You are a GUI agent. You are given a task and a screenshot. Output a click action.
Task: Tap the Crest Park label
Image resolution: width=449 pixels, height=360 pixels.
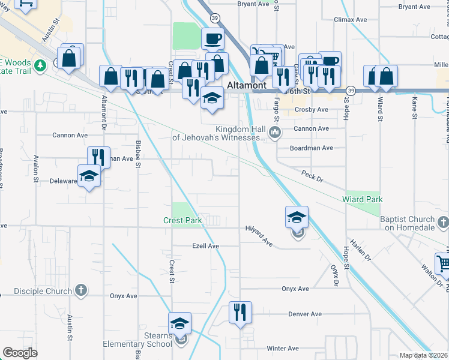[182, 220]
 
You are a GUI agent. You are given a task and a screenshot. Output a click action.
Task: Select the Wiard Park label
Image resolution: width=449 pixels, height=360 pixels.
[362, 199]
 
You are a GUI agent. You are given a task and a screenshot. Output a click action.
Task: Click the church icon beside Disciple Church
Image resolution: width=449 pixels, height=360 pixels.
[81, 291]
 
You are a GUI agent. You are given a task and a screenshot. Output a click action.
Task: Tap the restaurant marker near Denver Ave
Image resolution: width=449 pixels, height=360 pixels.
[240, 312]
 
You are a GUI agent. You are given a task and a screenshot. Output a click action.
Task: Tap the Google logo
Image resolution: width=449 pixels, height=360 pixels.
[20, 353]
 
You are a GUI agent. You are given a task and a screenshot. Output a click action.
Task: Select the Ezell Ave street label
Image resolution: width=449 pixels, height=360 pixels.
[205, 246]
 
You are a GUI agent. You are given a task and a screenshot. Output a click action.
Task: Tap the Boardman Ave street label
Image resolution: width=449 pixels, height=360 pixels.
[311, 148]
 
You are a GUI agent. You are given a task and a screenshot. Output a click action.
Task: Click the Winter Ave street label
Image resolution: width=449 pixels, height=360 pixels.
[283, 348]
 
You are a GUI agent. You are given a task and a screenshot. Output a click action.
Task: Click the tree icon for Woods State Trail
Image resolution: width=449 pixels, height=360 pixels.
[40, 64]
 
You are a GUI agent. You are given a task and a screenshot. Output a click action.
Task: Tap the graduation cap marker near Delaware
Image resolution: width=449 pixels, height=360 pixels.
[89, 176]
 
